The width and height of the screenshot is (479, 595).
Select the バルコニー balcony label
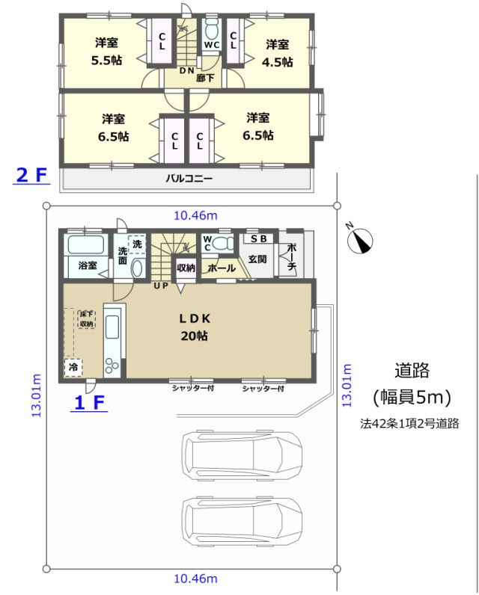[189, 179]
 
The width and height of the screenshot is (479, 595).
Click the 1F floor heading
[89, 403]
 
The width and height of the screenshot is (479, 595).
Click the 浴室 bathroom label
[88, 265]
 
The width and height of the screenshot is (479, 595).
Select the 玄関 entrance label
[257, 259]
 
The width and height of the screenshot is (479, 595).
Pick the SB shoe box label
[258, 239]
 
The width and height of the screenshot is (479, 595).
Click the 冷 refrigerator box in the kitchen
[73, 367]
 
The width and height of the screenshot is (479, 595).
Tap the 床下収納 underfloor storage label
[86, 319]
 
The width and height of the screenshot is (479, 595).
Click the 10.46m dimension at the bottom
[195, 579]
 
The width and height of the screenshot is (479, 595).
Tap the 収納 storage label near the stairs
[186, 268]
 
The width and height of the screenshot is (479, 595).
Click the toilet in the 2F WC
[211, 31]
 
